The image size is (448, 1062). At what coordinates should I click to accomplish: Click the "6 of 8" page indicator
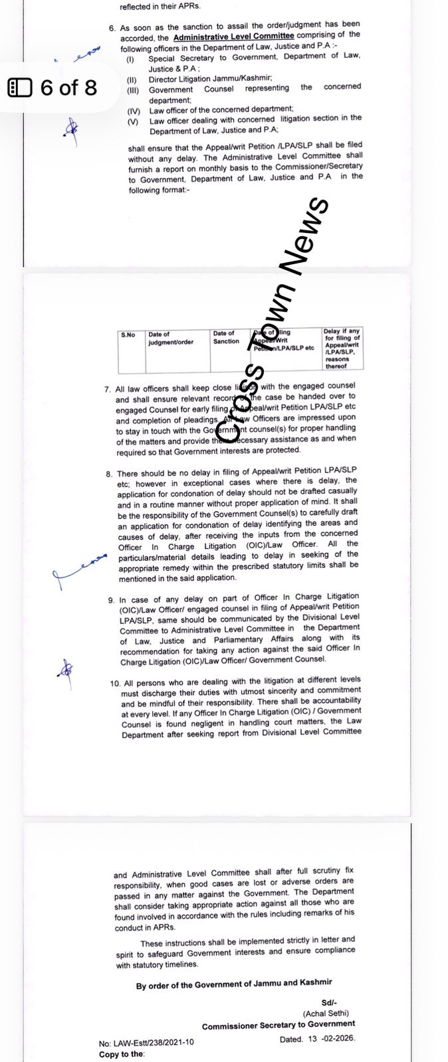(68, 87)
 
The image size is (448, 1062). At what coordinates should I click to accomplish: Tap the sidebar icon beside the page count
(19, 87)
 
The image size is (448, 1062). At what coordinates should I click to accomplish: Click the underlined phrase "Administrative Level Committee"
(233, 38)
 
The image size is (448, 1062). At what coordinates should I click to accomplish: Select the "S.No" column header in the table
(128, 335)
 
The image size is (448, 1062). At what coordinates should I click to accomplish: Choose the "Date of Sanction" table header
(226, 337)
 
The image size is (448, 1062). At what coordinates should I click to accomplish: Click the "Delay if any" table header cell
(342, 331)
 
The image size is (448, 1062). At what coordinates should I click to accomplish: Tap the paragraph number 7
(108, 390)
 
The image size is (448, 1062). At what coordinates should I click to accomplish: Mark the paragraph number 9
(111, 600)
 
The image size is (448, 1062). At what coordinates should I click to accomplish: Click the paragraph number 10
(114, 682)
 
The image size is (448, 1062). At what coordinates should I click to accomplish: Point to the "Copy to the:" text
(121, 1053)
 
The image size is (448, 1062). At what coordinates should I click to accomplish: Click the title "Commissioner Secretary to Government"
(279, 1025)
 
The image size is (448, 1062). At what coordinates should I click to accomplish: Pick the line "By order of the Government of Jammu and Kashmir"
(234, 986)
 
